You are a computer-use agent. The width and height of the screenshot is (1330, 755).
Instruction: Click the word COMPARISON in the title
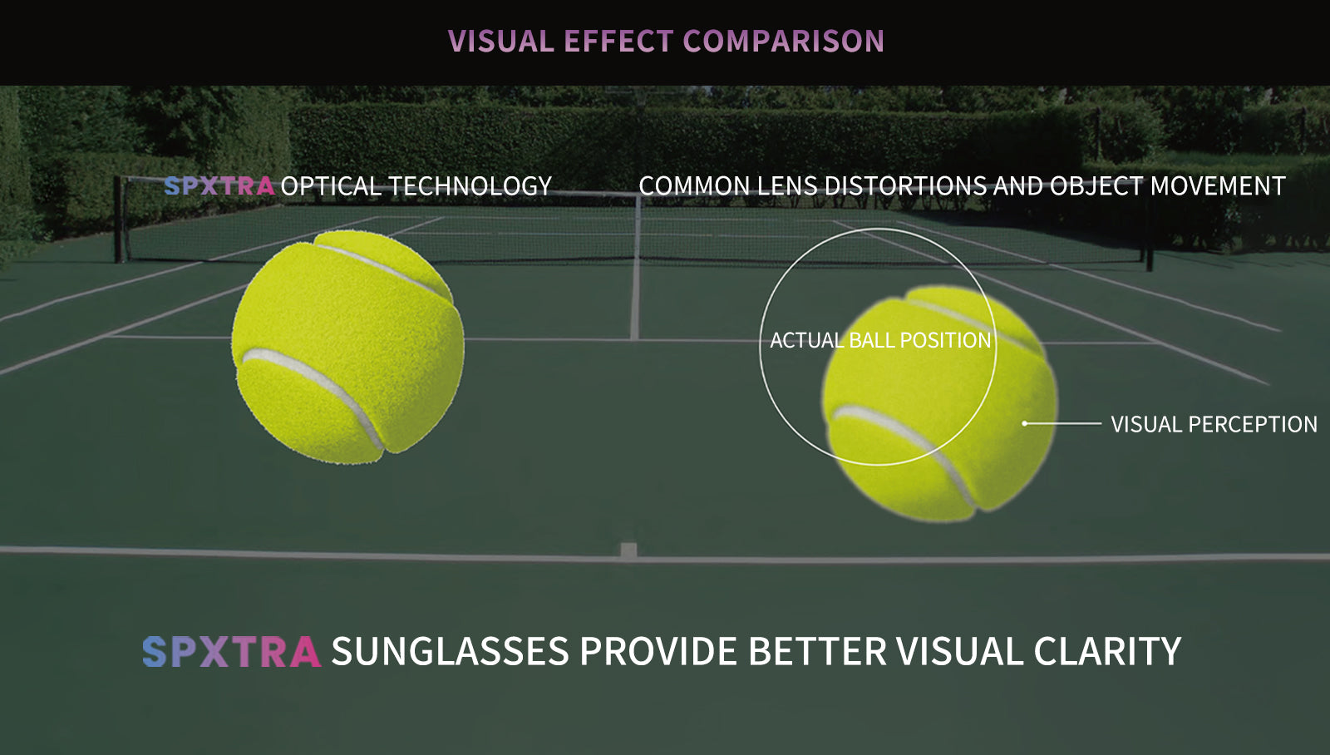784,41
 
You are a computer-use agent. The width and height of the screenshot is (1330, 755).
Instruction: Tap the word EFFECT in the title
618,41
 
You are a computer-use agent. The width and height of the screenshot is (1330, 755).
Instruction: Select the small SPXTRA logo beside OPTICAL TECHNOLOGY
219,186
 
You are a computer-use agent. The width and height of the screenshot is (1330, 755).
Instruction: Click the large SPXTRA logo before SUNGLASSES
232,652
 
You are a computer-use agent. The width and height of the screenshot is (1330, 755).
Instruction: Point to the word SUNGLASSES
450,652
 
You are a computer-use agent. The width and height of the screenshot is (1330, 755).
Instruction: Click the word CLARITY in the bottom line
1107,652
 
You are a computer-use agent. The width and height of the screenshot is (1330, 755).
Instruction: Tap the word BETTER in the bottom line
818,652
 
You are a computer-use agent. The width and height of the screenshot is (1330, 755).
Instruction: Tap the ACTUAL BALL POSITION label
880,340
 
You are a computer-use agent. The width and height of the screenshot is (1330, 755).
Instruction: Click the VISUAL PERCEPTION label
1214,424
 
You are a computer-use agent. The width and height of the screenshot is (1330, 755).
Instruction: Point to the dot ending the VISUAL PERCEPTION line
1025,423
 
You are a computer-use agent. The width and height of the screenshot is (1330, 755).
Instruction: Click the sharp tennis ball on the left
348,347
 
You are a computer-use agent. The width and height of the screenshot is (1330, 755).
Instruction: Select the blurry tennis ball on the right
939,404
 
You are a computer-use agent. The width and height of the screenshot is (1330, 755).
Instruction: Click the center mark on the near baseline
628,550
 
